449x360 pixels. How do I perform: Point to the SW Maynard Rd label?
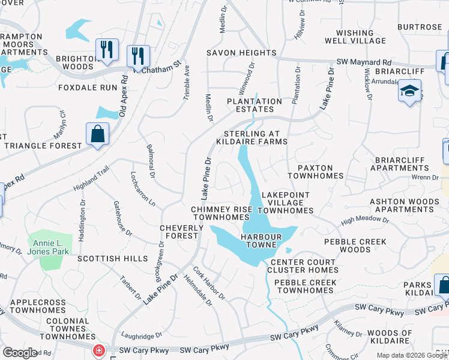[364, 62]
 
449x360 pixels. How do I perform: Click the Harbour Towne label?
[262, 237]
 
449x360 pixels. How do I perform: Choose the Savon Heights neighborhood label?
[241, 53]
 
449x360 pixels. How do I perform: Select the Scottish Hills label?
[112, 258]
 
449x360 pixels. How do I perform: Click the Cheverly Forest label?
[179, 232]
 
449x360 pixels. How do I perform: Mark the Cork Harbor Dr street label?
[209, 283]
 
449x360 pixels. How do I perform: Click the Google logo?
[20, 353]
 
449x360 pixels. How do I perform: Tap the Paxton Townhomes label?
[315, 172]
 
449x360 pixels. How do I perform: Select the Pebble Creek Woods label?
[347, 245]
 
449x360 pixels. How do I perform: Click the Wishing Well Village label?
[355, 37]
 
